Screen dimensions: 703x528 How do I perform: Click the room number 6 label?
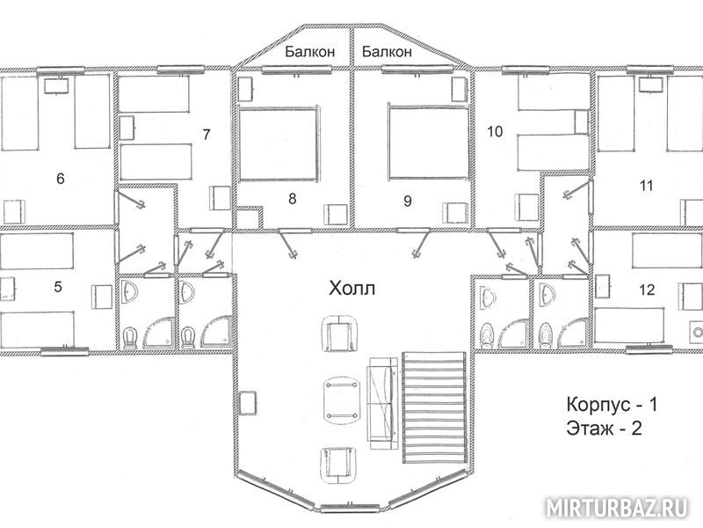click(61, 179)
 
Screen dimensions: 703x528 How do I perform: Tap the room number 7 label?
click(207, 135)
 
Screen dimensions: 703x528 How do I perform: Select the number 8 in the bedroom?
click(293, 199)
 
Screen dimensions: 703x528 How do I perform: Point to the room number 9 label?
click(408, 201)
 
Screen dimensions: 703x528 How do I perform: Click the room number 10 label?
click(495, 131)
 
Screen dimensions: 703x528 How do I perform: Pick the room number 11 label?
click(646, 186)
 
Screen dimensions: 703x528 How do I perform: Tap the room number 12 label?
click(647, 290)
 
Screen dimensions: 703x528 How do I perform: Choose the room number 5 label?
click(58, 287)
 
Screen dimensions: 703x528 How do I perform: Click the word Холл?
click(352, 289)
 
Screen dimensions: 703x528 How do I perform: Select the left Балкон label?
click(310, 52)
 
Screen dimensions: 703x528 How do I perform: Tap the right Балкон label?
click(387, 52)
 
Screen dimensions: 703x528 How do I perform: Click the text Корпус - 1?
click(612, 405)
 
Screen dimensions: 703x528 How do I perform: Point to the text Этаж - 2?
click(604, 429)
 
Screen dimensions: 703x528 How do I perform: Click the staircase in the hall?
click(434, 407)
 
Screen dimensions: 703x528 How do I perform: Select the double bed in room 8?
click(279, 143)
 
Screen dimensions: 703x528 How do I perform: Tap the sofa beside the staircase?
click(383, 404)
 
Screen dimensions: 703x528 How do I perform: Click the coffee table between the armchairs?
click(342, 400)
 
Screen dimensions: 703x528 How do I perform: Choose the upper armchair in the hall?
click(342, 335)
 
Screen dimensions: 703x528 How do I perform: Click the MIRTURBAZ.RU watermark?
click(617, 509)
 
